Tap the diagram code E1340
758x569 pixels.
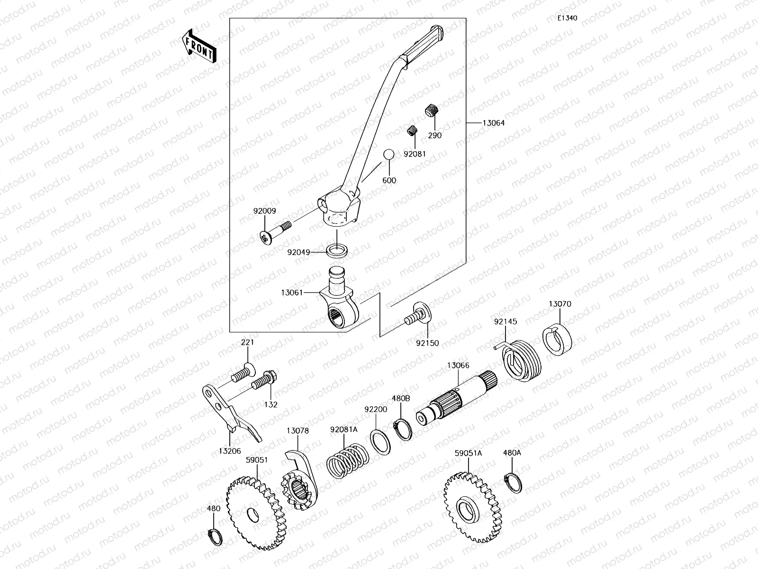[x=567, y=18]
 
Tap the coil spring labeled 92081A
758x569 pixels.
[x=348, y=460]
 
